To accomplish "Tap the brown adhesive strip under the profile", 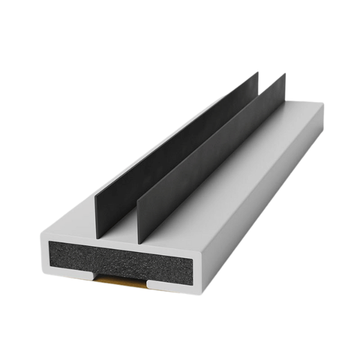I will point(122,280).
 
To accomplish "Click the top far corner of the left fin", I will point(257,73).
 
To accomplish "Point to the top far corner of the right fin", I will point(284,75).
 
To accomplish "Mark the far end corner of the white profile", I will point(323,104).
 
